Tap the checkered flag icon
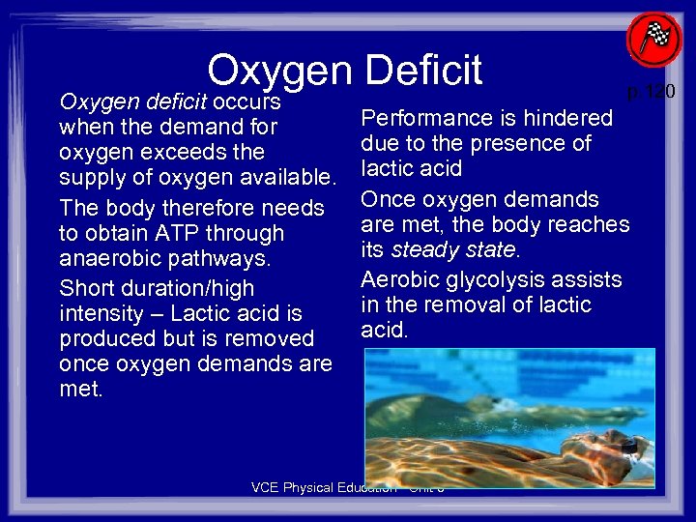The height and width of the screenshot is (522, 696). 653,41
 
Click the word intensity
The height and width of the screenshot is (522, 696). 101,314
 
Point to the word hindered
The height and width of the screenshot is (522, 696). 570,118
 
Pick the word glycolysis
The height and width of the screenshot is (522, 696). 498,280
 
